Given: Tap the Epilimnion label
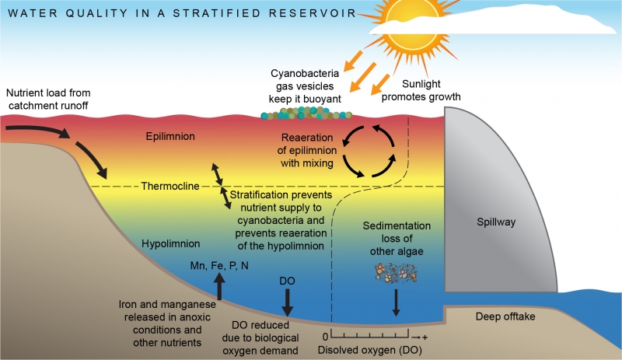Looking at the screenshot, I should (x=170, y=137).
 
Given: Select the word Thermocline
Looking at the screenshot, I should (x=170, y=186).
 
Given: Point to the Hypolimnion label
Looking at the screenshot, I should (x=172, y=243).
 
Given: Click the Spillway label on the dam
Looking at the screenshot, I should (x=496, y=223).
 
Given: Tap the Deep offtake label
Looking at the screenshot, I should (x=505, y=316).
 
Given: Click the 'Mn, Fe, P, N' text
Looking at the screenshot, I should (x=218, y=266).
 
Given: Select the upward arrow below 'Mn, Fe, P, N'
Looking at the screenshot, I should (x=219, y=286).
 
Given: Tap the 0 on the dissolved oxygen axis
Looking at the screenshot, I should (x=326, y=336).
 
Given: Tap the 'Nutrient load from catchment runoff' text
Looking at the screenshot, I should (x=48, y=96).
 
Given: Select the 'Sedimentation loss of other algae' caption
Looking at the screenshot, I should (x=397, y=239).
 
